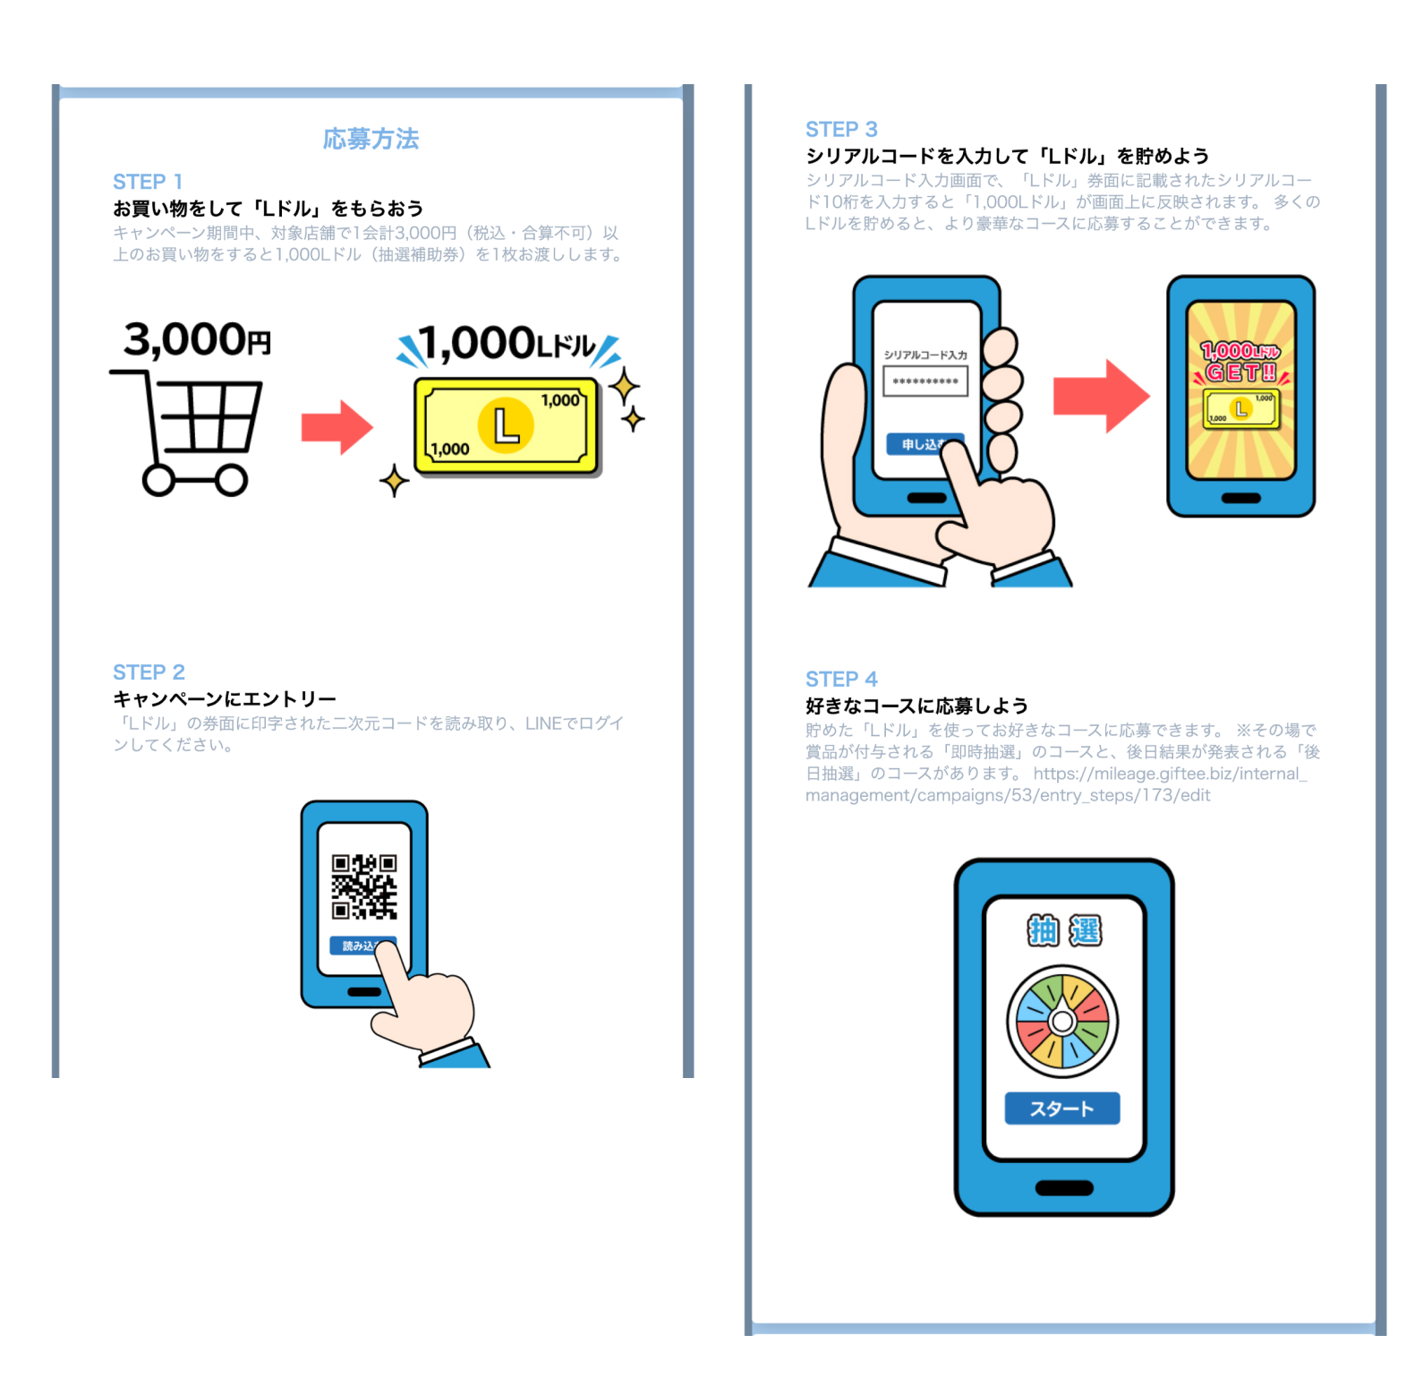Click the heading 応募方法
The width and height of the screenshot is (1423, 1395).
tap(371, 139)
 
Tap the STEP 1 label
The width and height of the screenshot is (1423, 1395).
tap(148, 182)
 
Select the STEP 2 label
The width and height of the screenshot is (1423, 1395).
tap(149, 672)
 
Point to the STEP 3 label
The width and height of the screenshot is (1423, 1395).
tap(841, 129)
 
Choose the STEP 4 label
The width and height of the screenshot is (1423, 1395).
tap(841, 679)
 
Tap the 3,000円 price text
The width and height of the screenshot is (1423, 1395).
tap(197, 340)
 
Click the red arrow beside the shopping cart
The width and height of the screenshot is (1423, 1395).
tap(336, 427)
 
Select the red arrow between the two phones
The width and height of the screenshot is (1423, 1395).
tap(1100, 396)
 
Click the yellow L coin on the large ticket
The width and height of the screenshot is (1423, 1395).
tap(506, 425)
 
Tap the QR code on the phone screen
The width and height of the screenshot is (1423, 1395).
tap(364, 886)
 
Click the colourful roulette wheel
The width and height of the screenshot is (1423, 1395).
tap(1062, 1022)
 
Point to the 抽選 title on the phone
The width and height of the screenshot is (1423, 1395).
tap(1064, 931)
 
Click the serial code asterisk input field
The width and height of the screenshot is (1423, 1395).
tap(925, 382)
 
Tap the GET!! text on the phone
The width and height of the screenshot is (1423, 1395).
tap(1240, 372)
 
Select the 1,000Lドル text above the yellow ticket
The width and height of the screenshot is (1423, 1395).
tap(507, 345)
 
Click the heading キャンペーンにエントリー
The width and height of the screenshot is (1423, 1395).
tap(225, 698)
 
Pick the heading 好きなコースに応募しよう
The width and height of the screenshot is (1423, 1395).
tap(916, 706)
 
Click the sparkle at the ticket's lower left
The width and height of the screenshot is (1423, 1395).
tap(394, 481)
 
